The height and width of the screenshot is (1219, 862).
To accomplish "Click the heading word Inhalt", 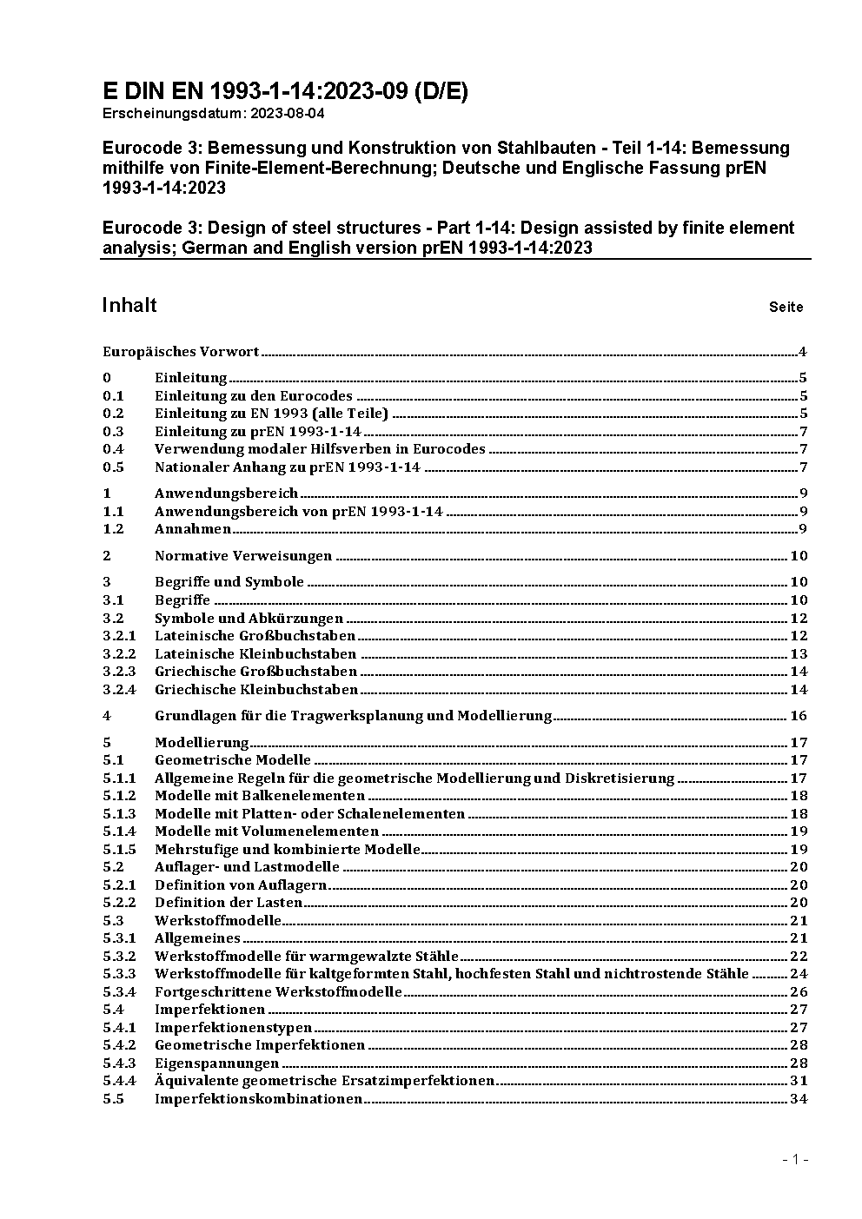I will click(x=129, y=305).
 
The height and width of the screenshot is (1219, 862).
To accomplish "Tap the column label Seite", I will click(x=786, y=307).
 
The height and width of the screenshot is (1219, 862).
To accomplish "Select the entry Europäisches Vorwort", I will click(x=181, y=352).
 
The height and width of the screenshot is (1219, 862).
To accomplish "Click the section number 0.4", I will click(x=113, y=449).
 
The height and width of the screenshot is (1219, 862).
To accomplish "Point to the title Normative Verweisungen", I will click(x=243, y=556).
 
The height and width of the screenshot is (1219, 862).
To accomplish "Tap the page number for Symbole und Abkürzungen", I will click(x=799, y=619).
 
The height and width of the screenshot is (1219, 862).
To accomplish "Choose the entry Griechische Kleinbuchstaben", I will click(x=256, y=690).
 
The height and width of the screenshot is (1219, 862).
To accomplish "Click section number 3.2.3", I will click(x=119, y=672).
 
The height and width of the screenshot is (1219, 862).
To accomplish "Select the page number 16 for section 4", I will click(x=799, y=716).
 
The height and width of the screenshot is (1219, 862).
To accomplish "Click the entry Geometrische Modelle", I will click(x=233, y=760).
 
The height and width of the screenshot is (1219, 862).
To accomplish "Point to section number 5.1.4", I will click(x=119, y=831).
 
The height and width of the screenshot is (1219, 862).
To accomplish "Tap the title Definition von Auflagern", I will click(x=241, y=885).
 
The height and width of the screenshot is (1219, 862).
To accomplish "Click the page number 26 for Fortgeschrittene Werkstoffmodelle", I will click(x=799, y=992).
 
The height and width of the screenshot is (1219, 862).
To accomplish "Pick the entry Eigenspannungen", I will click(x=216, y=1063).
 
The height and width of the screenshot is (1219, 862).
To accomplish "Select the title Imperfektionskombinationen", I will click(x=258, y=1099).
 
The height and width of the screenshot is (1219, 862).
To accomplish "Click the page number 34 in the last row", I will click(x=799, y=1099).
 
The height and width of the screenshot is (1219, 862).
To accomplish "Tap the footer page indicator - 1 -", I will click(x=795, y=1159).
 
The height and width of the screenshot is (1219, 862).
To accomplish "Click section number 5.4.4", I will click(x=119, y=1081).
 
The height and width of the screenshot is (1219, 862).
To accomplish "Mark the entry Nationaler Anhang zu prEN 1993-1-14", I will click(x=288, y=467).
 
